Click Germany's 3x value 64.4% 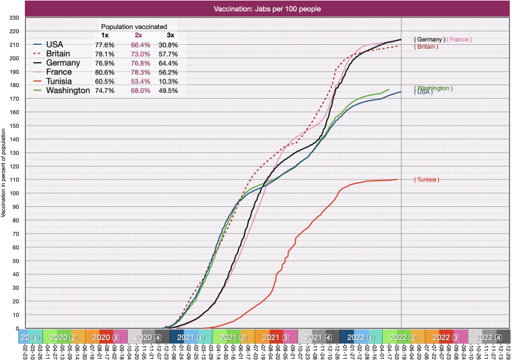[x=168, y=63]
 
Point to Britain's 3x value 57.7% [x=168, y=54]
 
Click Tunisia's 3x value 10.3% [x=168, y=81]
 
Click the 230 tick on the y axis [x=13, y=17]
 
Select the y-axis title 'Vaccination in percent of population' [x=4, y=173]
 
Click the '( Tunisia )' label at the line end [x=427, y=179]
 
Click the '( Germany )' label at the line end [x=429, y=40]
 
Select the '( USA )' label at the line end [x=424, y=92]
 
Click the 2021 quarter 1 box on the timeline [x=191, y=336]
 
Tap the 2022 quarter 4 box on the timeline [x=489, y=336]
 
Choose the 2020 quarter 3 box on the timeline [x=106, y=336]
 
